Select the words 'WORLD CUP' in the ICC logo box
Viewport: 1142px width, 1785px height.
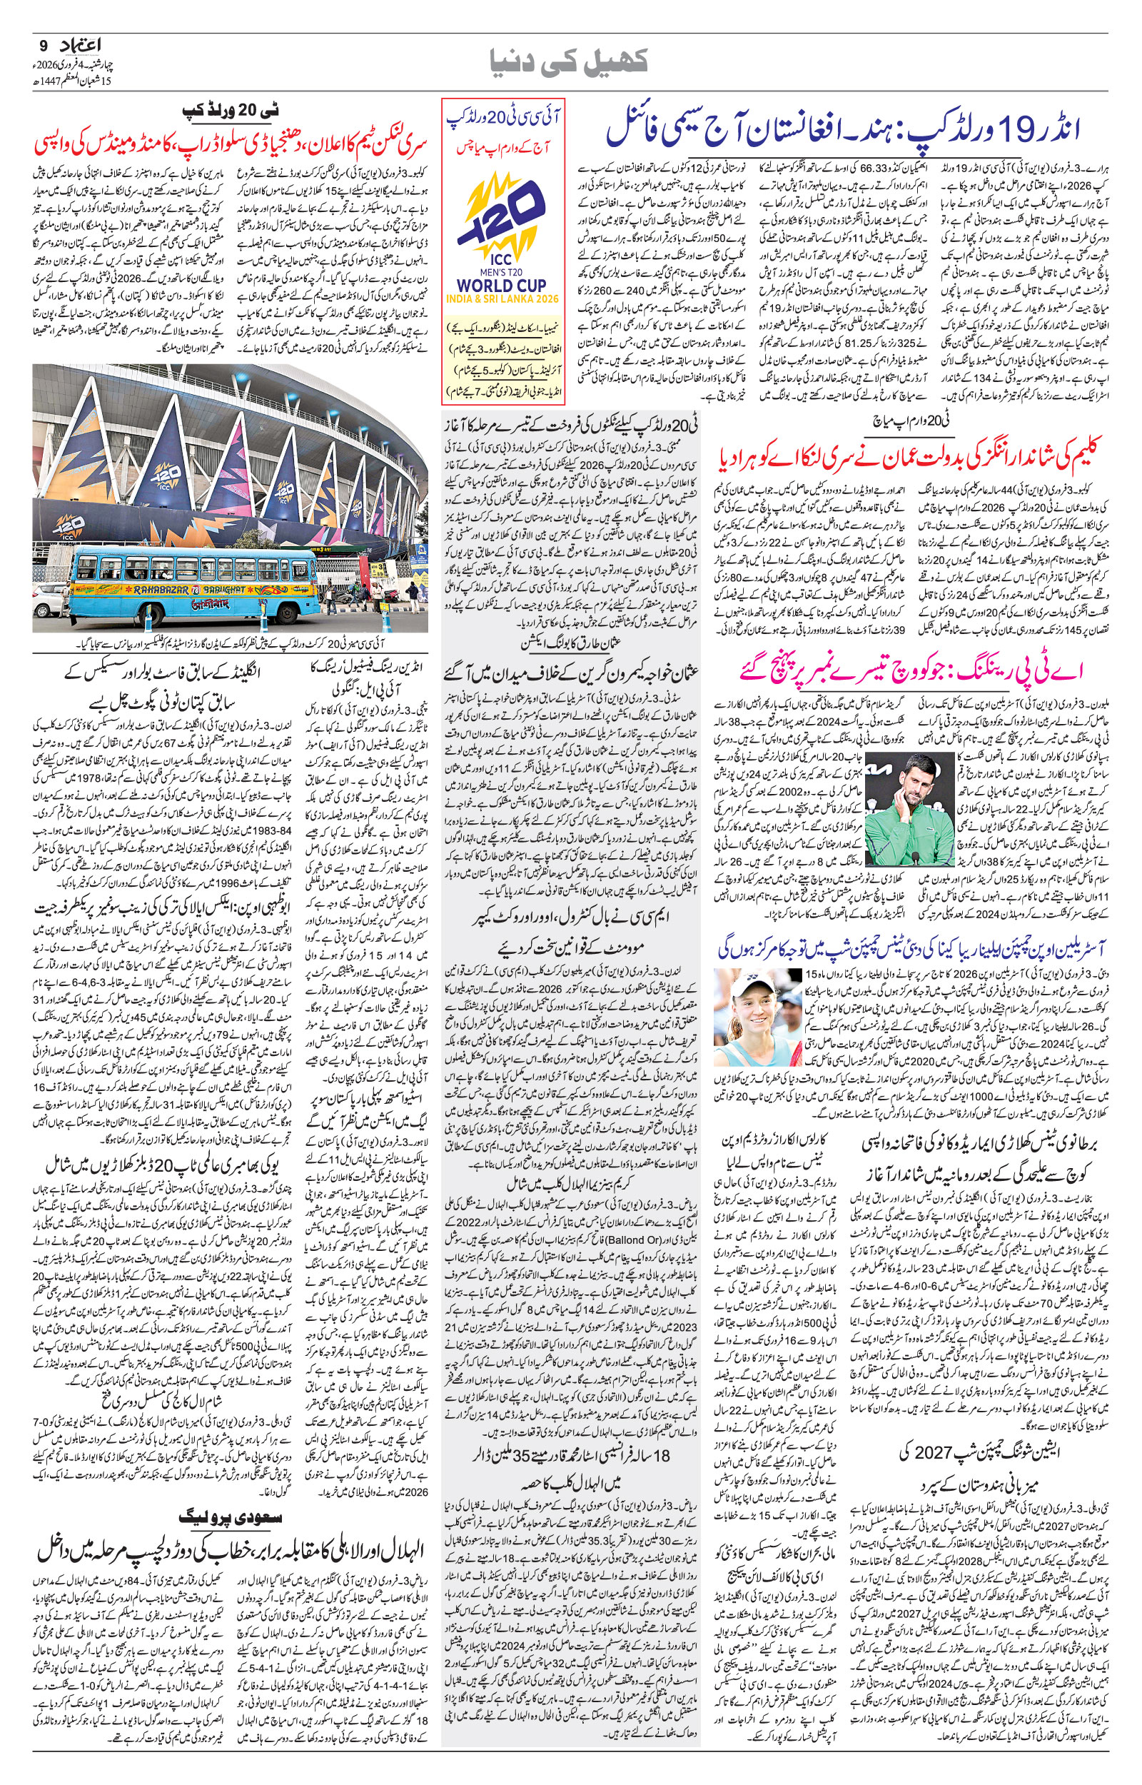click(x=502, y=285)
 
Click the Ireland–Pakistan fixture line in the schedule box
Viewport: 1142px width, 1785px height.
click(x=502, y=371)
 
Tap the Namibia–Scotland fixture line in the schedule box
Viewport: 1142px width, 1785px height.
click(x=502, y=326)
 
